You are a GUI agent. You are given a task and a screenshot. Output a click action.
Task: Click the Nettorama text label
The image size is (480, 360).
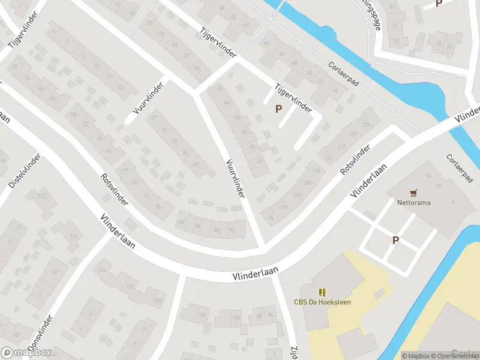pyautogui.click(x=413, y=203)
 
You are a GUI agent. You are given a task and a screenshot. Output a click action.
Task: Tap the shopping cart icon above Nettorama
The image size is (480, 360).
pyautogui.click(x=413, y=193)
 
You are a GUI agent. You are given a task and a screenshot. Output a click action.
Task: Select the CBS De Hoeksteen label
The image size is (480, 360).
pyautogui.click(x=322, y=302)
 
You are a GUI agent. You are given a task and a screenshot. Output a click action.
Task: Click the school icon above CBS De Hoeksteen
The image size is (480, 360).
pyautogui.click(x=322, y=292)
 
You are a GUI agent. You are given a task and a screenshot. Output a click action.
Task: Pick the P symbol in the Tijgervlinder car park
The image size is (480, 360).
pyautogui.click(x=278, y=109)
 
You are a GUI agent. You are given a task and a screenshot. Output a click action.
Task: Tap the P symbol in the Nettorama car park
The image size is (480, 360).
pyautogui.click(x=395, y=240)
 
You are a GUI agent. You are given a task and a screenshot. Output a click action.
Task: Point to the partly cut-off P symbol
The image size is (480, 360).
pyautogui.click(x=439, y=4)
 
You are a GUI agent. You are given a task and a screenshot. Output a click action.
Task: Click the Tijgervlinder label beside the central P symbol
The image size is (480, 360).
pyautogui.click(x=293, y=98)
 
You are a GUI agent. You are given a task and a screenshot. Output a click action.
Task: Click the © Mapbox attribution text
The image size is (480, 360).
pyautogui.click(x=416, y=356)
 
